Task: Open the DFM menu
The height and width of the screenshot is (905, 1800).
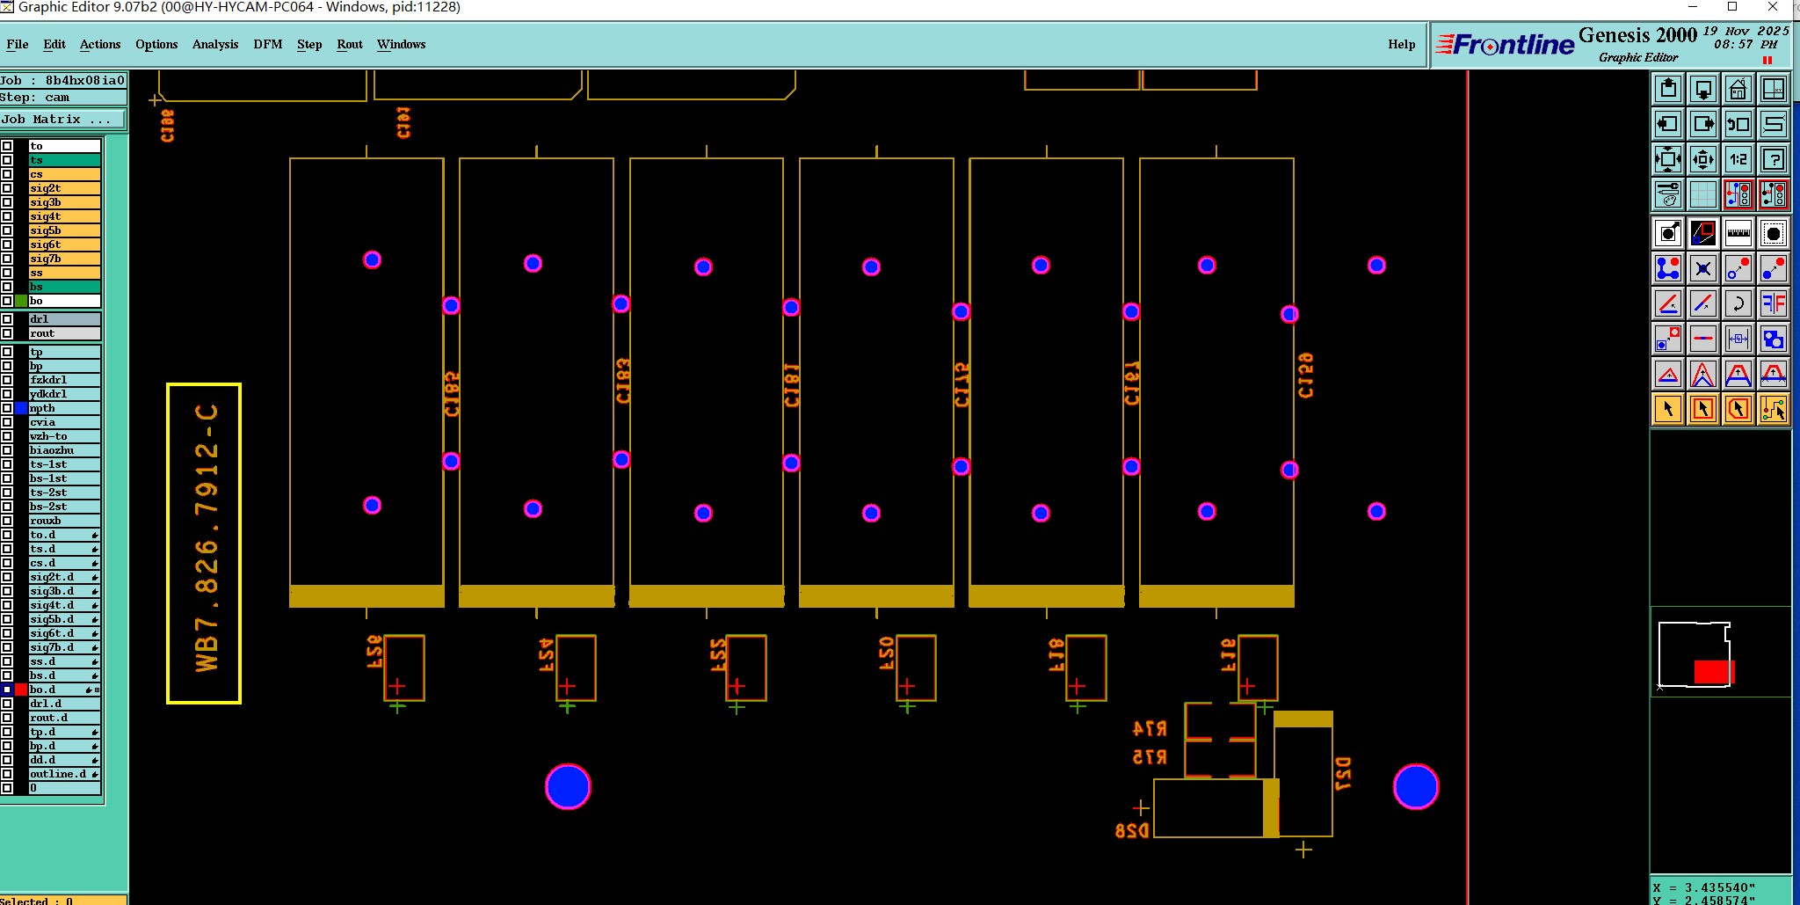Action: click(267, 44)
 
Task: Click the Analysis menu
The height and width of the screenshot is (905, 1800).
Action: click(214, 44)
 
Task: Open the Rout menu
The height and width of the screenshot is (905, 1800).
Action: click(349, 44)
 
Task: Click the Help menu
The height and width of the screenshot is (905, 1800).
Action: click(1401, 44)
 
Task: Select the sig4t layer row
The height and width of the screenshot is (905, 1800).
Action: click(64, 216)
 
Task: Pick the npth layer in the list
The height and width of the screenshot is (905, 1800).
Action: click(64, 408)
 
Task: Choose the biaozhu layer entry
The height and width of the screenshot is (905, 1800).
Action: click(64, 450)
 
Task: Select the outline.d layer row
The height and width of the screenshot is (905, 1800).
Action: click(64, 774)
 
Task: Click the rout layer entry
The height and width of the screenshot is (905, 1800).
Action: click(64, 333)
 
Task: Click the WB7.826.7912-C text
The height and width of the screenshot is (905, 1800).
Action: click(206, 538)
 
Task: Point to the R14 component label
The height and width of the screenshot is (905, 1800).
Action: click(1150, 729)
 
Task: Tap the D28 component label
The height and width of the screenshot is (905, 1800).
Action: click(1131, 831)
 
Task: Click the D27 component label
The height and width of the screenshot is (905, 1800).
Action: click(1343, 774)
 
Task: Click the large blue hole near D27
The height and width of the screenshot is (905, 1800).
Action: click(1415, 786)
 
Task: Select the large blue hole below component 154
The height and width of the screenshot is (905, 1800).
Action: click(568, 786)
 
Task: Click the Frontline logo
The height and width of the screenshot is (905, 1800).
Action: click(1505, 44)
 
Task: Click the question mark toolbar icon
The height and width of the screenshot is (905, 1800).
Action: click(1774, 159)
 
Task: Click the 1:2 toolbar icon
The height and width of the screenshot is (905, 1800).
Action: click(1738, 159)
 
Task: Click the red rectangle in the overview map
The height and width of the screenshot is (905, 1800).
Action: click(1711, 672)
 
